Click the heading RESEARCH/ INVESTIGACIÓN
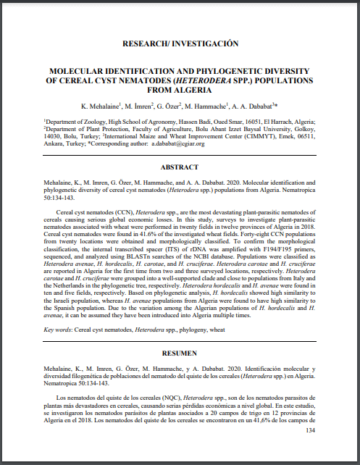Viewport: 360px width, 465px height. click(x=180, y=43)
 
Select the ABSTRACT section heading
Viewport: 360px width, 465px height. click(x=180, y=167)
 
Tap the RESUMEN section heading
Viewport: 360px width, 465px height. click(x=180, y=353)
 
